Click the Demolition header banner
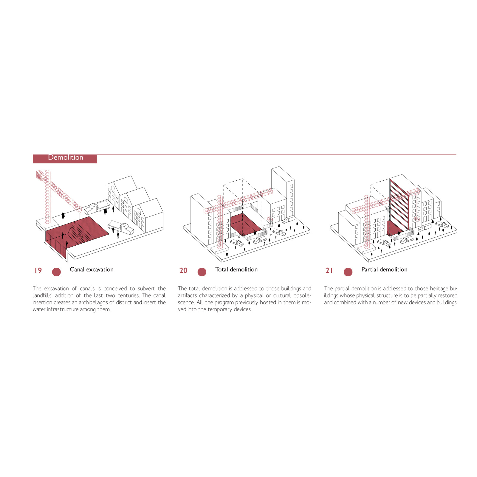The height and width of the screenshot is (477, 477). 65,159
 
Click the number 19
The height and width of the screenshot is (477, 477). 38,270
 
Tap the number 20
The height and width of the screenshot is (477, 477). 183,270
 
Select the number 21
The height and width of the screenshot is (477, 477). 329,270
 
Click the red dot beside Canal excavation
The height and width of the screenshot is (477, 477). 56,272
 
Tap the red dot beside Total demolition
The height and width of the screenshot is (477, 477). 202,272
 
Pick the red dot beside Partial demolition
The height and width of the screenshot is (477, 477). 348,272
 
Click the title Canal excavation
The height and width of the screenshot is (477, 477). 92,270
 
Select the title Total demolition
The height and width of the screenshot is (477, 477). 236,270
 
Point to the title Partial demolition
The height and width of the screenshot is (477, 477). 384,270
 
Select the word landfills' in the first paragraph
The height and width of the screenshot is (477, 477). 42,295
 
